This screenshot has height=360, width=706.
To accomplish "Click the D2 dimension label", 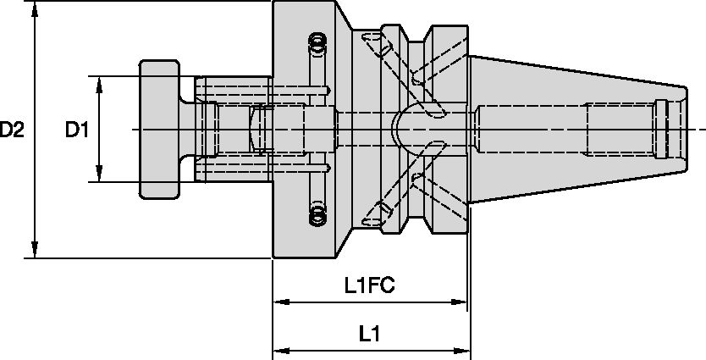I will click(12, 130).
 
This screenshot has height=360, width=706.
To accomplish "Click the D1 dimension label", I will click(78, 130).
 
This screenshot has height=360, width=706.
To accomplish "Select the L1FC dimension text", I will click(370, 286).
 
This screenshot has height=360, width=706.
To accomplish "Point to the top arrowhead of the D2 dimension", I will click(36, 10).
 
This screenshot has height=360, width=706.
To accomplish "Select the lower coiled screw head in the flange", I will click(318, 215).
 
